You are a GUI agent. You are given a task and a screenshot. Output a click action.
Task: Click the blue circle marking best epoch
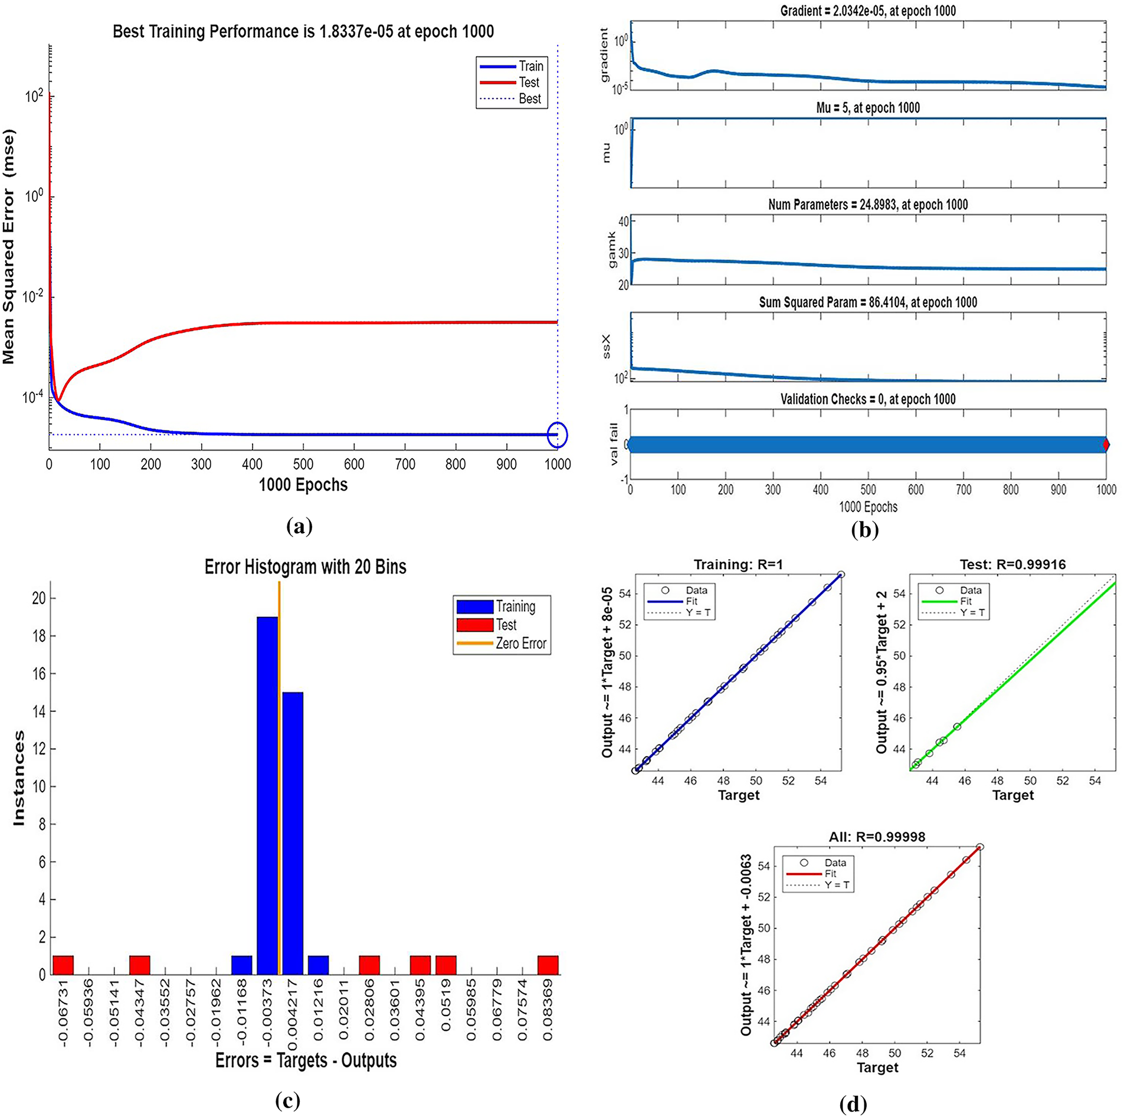(557, 435)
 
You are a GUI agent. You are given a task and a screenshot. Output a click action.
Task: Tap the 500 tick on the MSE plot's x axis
(303, 465)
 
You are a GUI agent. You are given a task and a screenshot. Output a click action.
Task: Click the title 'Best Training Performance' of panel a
(303, 31)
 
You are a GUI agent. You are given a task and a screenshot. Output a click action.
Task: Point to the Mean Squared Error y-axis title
(9, 247)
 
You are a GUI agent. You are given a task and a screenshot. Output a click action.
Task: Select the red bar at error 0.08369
(548, 965)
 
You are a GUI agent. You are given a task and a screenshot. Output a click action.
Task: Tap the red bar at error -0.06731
(63, 965)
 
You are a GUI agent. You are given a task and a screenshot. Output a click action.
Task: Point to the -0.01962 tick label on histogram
(216, 1011)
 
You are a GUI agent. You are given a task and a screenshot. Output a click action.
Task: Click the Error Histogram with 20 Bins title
(305, 567)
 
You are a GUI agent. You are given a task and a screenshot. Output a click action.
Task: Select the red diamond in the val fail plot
(1106, 445)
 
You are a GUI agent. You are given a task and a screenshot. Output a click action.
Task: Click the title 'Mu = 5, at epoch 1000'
(868, 108)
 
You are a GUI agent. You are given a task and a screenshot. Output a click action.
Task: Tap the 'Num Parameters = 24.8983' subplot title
(868, 205)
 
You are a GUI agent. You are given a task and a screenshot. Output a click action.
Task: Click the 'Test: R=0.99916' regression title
(1012, 564)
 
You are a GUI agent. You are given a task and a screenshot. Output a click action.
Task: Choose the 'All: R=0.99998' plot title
(877, 837)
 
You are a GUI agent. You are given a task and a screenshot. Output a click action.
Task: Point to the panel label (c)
(287, 1100)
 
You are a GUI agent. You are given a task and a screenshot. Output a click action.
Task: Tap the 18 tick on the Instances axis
(39, 636)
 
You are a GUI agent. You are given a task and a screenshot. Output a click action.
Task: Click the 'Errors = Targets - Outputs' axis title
(306, 1061)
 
